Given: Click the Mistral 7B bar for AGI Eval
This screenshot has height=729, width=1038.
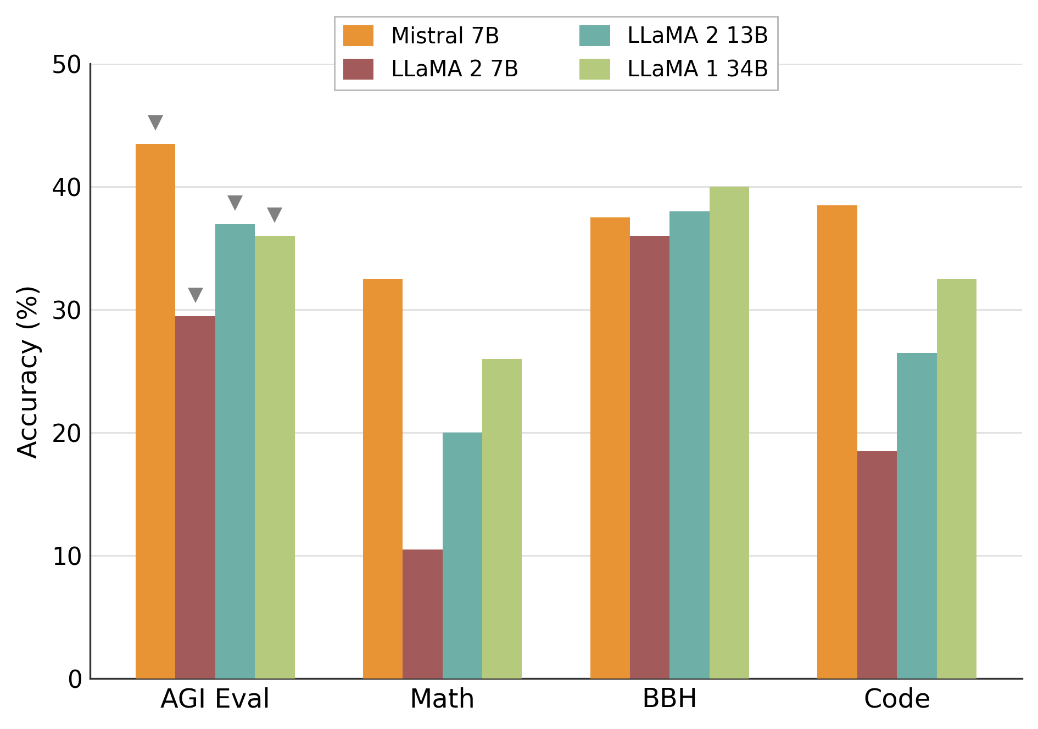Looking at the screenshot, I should click(155, 411).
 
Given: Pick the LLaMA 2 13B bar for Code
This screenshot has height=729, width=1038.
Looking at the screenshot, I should click(917, 515).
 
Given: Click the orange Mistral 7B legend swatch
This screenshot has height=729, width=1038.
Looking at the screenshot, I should click(358, 36).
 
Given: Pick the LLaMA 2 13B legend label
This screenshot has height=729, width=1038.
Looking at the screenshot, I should click(697, 36).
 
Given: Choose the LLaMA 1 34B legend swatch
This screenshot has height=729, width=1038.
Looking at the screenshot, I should click(594, 69).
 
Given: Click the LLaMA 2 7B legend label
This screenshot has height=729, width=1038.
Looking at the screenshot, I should click(455, 69).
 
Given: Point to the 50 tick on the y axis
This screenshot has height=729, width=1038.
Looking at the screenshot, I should click(66, 65).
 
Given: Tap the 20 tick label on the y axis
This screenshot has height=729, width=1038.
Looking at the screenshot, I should click(66, 434).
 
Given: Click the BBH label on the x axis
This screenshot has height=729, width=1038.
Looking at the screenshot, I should click(669, 699).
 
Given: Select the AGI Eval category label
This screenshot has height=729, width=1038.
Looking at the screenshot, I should click(215, 699).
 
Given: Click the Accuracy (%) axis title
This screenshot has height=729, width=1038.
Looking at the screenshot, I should click(27, 372).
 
